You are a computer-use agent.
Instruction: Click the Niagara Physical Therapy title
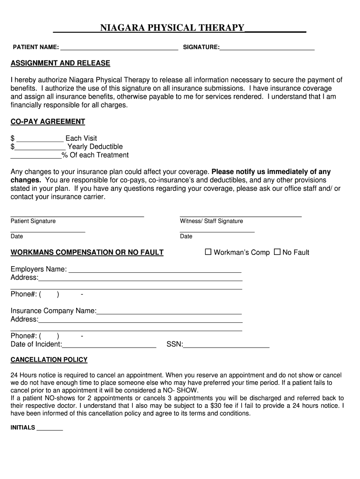pos(172,28)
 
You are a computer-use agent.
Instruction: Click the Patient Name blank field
pos(119,47)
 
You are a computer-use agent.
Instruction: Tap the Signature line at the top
pos(267,47)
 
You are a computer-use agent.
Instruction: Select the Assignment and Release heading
pos(60,63)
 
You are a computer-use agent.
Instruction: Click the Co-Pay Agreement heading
pos(48,122)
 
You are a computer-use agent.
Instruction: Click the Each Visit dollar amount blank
pos(40,138)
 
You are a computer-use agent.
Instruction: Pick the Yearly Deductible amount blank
pos(40,147)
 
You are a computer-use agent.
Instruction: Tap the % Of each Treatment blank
pos(36,155)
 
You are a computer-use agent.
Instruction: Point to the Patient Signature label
pos(33,221)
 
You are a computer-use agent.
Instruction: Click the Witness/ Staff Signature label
pos(211,221)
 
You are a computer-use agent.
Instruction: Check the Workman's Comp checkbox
pos(209,252)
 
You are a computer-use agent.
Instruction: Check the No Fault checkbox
pos(277,252)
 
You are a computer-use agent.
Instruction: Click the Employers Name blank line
pos(155,270)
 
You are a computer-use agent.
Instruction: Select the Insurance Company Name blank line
pos(169,312)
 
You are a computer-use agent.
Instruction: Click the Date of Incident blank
pos(109,345)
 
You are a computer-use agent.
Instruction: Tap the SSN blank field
pos(226,345)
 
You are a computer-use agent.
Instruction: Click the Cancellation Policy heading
pos(49,360)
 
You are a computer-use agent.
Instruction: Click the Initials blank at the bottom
pos(50,428)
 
